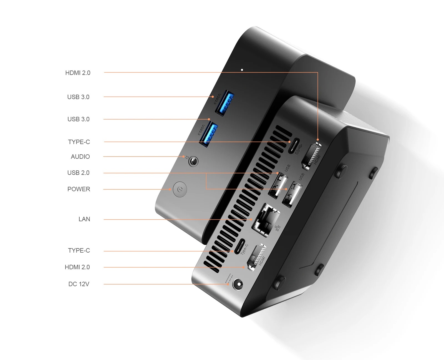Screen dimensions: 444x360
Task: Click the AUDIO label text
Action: pyautogui.click(x=80, y=157)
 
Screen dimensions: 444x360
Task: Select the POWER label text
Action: pyautogui.click(x=79, y=189)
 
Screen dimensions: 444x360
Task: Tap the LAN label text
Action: pyautogui.click(x=84, y=219)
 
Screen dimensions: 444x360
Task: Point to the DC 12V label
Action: pyautogui.click(x=79, y=284)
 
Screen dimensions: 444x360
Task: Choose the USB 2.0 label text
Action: pyautogui.click(x=78, y=173)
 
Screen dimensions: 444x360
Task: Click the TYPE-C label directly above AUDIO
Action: pyautogui.click(x=79, y=142)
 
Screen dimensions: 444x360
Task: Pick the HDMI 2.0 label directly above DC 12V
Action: pyautogui.click(x=77, y=267)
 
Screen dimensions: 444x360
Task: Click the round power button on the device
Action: pyautogui.click(x=180, y=189)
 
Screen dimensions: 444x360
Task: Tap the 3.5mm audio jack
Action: pyautogui.click(x=193, y=161)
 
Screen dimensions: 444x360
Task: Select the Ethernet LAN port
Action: pyautogui.click(x=266, y=220)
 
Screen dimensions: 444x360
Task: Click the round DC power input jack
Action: pyautogui.click(x=238, y=285)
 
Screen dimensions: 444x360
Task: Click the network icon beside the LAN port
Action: pyautogui.click(x=277, y=228)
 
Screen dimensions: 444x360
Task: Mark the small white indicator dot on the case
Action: pyautogui.click(x=242, y=70)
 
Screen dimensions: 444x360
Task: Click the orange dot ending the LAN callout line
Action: pyautogui.click(x=251, y=220)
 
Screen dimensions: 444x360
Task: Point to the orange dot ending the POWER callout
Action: pyautogui.click(x=170, y=190)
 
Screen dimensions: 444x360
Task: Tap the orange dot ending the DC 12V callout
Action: pyautogui.click(x=228, y=284)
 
